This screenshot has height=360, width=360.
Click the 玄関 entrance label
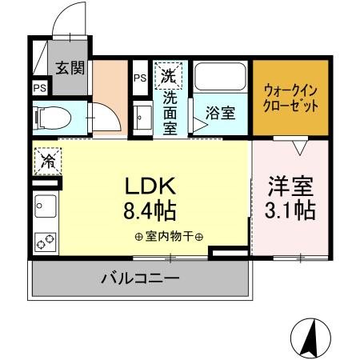(71, 66)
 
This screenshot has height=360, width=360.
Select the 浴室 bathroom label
(219, 113)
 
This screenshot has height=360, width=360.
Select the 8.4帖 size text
(150, 211)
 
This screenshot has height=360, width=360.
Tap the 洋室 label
(290, 186)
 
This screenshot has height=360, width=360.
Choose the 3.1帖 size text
(290, 210)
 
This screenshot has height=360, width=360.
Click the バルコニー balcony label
(140, 279)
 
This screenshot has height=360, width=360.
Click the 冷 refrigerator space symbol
(47, 159)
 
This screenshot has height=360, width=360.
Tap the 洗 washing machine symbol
(168, 77)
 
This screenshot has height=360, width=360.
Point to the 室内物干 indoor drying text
(169, 237)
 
